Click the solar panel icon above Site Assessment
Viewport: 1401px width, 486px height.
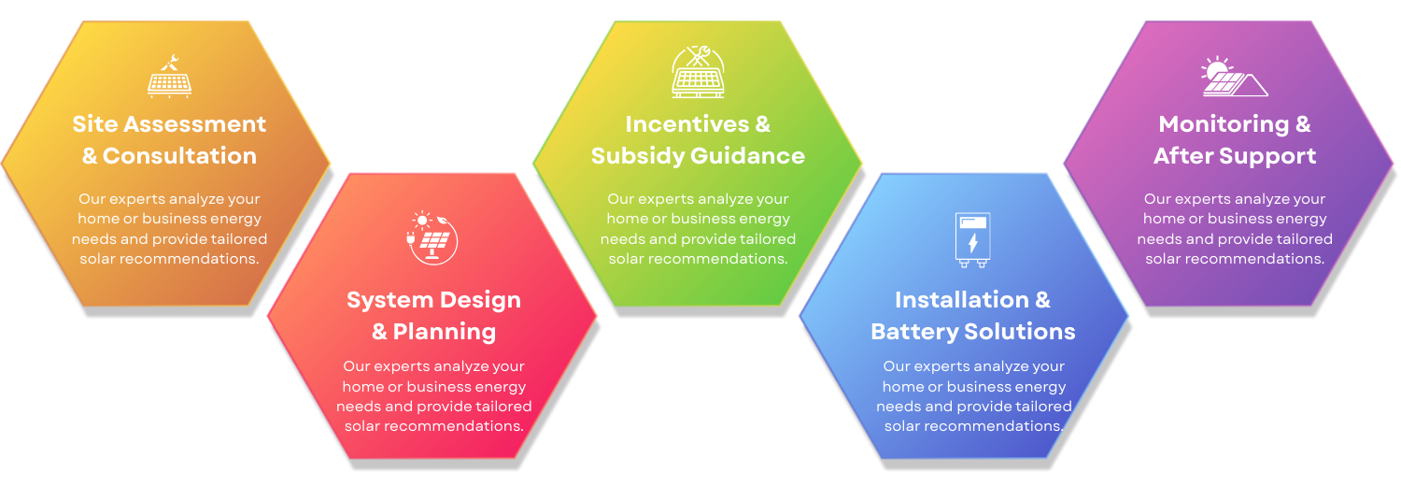[169, 77]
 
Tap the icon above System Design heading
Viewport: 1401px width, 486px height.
[432, 237]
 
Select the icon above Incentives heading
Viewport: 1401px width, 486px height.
[698, 72]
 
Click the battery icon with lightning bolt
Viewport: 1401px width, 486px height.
[972, 240]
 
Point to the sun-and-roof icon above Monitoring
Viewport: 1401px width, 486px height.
[1234, 77]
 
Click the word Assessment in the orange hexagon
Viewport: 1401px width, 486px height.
[194, 124]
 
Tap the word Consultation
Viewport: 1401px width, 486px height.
[179, 156]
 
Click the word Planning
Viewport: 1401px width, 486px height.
[444, 332]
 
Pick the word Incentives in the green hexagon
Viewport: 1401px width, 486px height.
[686, 124]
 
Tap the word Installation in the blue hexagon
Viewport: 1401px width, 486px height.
[962, 300]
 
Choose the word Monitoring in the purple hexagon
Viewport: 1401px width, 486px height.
[1224, 124]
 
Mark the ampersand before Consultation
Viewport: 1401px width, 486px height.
[90, 156]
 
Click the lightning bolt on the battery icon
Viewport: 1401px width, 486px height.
[972, 243]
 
